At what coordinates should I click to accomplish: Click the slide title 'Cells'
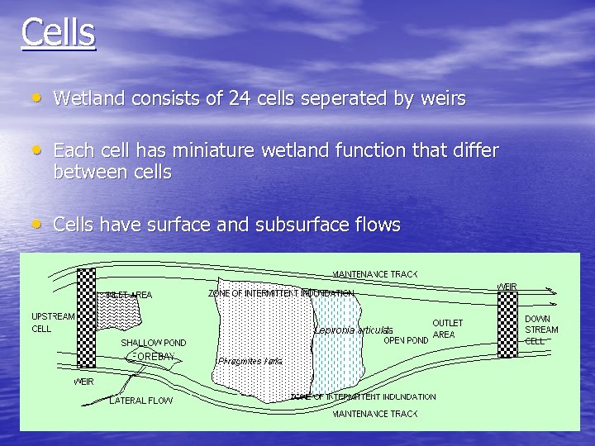point(58,32)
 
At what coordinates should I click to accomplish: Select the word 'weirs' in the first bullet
point(444,98)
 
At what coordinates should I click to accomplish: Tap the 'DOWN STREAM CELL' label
point(541,329)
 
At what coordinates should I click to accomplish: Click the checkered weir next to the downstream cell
point(507,321)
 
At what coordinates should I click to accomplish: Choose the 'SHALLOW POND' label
point(154,342)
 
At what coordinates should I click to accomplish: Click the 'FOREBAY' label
point(151,356)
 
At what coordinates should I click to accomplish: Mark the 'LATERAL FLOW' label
point(141,401)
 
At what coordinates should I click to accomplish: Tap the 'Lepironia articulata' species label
point(353,330)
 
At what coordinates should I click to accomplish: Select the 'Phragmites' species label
point(250,361)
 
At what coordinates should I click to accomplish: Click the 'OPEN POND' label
point(407,339)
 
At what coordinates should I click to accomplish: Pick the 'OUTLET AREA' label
point(448,329)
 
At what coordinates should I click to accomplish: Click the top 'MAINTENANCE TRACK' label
point(375,274)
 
